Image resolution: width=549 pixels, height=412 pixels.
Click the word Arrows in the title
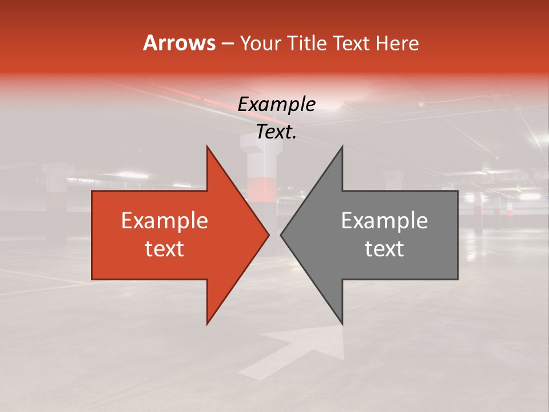coord(179,43)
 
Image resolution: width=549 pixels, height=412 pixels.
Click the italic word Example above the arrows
coord(276,105)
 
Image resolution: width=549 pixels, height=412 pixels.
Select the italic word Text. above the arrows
coord(276,132)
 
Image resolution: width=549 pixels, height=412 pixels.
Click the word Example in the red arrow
coord(165,221)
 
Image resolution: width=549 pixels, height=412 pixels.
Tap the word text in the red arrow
coord(165,248)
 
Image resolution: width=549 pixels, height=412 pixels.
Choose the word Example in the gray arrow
coord(384,221)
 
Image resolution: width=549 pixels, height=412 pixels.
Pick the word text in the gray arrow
coord(384,248)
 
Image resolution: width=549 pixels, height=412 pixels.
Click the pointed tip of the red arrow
coord(268,235)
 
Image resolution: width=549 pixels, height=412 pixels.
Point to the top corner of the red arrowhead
coord(207,147)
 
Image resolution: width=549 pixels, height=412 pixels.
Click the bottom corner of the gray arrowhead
coord(342,323)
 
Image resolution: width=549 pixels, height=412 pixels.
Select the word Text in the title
coord(352,43)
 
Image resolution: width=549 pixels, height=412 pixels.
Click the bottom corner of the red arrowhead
coord(207,323)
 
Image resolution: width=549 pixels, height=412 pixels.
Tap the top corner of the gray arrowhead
coord(342,147)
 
